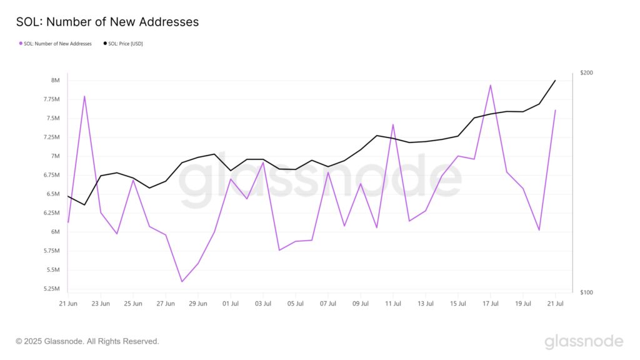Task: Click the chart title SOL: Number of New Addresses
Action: (107, 22)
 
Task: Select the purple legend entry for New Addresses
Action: (56, 44)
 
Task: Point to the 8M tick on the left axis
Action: (56, 81)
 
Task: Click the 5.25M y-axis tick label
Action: (51, 289)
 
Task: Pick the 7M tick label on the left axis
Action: (56, 156)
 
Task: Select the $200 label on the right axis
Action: (586, 73)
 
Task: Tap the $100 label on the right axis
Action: (586, 292)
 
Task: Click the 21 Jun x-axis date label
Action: (68, 304)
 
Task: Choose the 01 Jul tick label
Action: (231, 304)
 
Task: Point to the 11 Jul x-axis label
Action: (393, 304)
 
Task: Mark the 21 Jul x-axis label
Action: (555, 304)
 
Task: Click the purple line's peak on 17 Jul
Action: (491, 85)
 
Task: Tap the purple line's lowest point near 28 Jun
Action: (182, 281)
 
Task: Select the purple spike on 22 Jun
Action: (84, 96)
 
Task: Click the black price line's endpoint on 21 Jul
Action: (555, 80)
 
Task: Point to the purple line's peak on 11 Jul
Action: (393, 124)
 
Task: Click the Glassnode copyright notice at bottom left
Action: (87, 341)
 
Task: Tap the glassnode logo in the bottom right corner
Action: (584, 341)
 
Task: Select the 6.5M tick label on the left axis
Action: (52, 194)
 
